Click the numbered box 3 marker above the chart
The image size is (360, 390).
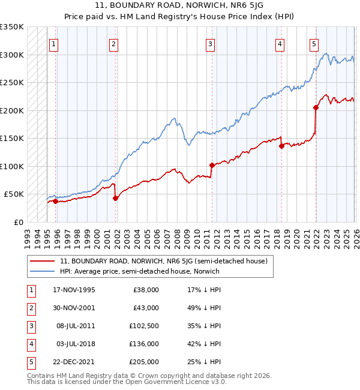point(211,43)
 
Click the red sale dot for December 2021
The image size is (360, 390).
point(316,108)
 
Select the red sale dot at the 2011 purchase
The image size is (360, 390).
point(212,165)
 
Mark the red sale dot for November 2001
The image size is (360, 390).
point(115,199)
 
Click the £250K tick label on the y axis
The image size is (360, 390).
point(12,83)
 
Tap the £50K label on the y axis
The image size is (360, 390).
point(14,194)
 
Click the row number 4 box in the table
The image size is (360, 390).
point(29,344)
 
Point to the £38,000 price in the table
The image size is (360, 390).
point(146,290)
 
